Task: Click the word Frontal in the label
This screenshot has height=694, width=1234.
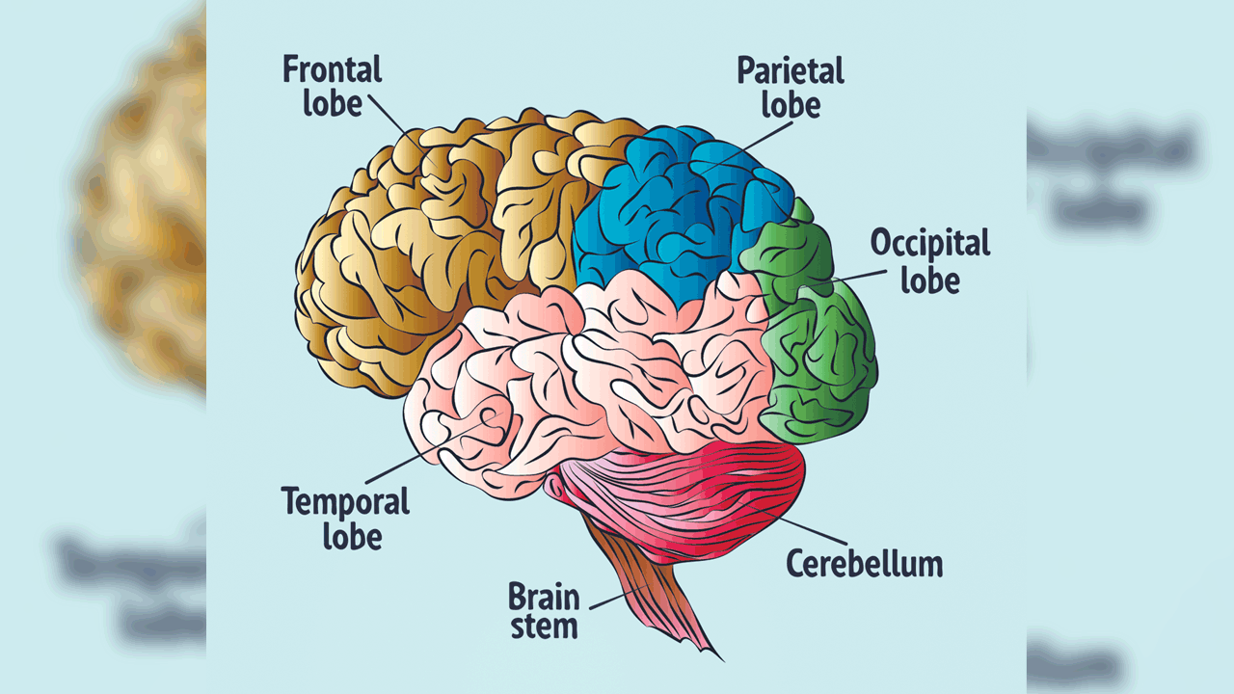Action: [332, 70]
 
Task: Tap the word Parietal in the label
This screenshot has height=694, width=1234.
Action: [790, 70]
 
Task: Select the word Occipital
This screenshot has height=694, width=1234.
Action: [929, 243]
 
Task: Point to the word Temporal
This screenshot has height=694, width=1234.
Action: [345, 502]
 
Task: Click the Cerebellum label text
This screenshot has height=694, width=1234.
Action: [864, 563]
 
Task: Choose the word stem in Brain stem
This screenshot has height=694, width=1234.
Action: [544, 627]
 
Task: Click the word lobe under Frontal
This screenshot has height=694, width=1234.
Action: [332, 103]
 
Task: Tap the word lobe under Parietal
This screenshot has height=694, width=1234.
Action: [790, 104]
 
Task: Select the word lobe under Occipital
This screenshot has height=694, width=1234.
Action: [929, 280]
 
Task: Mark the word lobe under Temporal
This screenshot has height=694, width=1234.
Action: [352, 535]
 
